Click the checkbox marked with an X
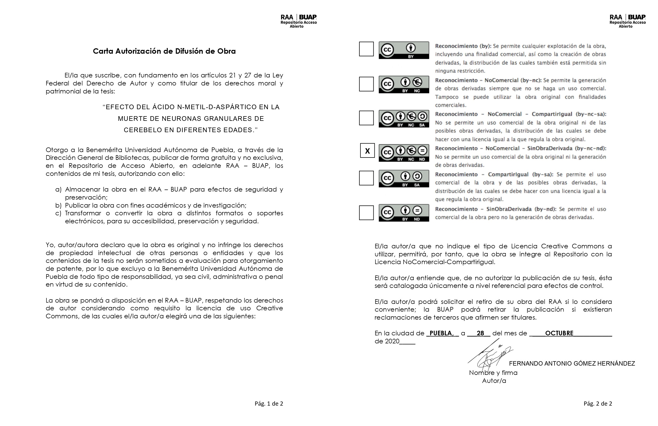[x=367, y=151]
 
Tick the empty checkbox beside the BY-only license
[x=366, y=49]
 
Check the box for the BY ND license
[x=366, y=213]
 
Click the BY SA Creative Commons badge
[x=404, y=178]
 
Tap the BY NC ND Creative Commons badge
[x=404, y=153]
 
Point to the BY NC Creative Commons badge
[x=404, y=84]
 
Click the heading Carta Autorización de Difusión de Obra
[x=164, y=51]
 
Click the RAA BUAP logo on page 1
[x=299, y=21]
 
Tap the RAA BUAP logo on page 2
[x=628, y=21]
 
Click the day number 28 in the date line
[x=480, y=333]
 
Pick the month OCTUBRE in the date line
[x=559, y=333]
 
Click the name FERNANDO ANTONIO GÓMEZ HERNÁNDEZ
[x=572, y=364]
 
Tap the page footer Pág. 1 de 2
[x=269, y=404]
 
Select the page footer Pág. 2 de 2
[x=598, y=404]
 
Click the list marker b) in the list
[x=58, y=205]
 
